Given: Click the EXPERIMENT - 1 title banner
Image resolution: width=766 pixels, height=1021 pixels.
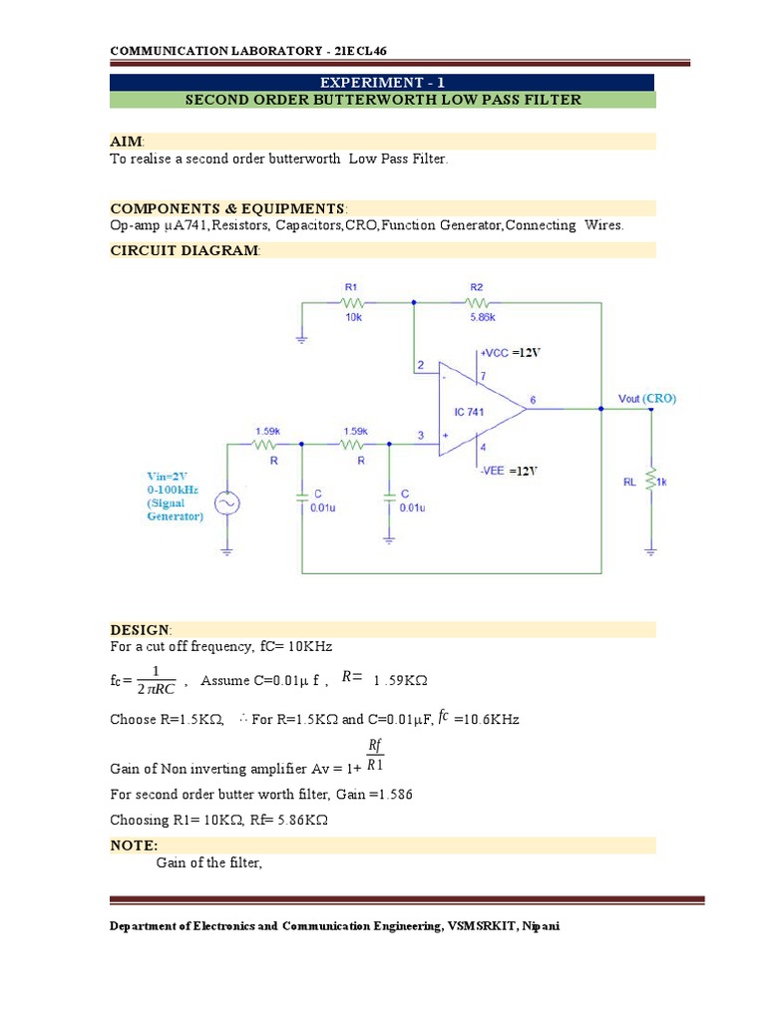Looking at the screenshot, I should [382, 83].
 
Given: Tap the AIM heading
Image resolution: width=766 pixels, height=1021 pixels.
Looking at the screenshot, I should [127, 143].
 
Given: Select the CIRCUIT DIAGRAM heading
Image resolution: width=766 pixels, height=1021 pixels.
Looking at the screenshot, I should [185, 250].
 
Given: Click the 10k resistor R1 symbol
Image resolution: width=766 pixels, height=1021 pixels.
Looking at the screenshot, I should [351, 301].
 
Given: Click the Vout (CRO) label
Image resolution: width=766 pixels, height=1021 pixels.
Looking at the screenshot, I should [646, 398].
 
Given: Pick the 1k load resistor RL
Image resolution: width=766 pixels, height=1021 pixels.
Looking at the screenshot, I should [651, 482].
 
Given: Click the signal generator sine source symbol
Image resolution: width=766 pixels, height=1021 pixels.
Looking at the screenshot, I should [227, 505].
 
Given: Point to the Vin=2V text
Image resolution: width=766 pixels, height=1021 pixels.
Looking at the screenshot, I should [171, 477].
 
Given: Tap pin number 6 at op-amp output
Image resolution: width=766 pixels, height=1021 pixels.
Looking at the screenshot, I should [534, 399].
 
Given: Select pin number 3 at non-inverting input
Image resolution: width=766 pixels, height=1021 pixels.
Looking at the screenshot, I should [421, 435].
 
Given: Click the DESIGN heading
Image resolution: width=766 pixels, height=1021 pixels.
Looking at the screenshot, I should [141, 629].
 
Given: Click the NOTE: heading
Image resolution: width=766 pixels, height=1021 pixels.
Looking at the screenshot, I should [134, 846].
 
